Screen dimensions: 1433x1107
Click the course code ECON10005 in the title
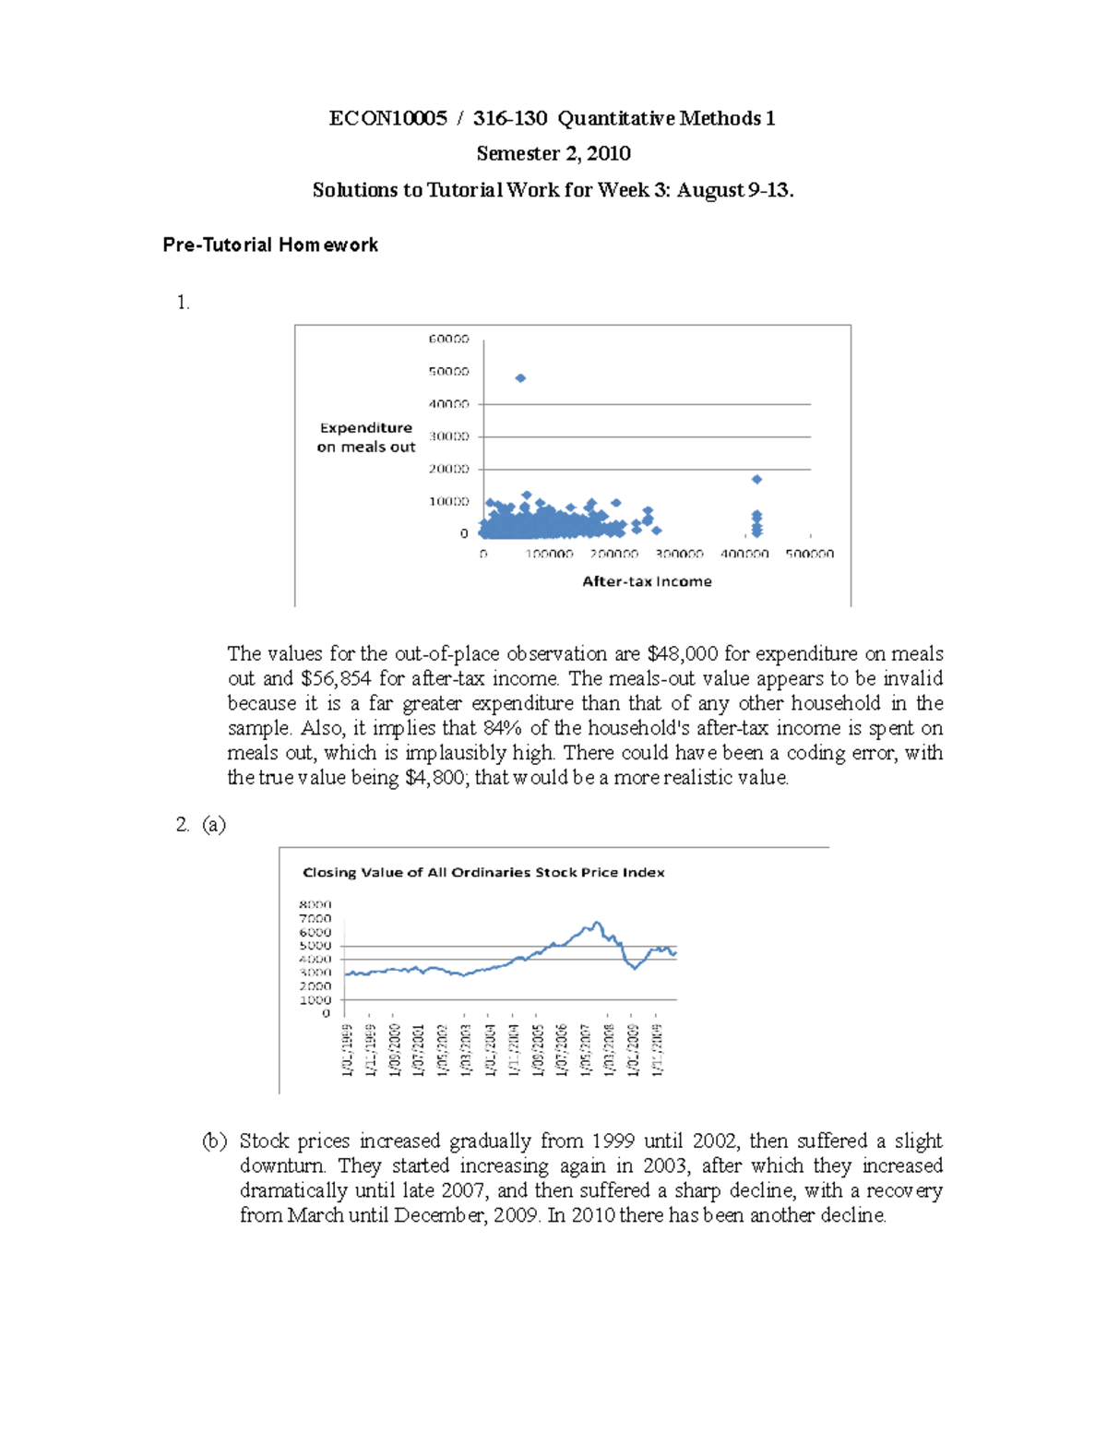387,118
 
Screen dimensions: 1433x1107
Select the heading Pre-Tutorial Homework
270,245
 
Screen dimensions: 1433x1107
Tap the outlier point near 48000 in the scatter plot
520,378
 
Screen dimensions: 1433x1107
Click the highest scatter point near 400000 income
756,480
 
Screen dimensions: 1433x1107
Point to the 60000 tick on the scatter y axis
448,340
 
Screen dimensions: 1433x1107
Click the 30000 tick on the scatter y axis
448,436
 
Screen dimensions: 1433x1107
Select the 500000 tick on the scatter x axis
809,554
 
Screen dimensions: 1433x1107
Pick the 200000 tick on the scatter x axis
614,554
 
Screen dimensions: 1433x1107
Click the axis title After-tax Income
647,581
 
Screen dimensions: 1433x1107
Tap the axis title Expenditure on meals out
366,437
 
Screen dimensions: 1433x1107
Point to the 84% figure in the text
503,728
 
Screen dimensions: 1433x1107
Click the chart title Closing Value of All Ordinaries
483,872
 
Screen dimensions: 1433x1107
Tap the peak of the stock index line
597,923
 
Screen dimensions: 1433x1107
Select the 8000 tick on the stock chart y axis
315,905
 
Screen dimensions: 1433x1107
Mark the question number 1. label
183,303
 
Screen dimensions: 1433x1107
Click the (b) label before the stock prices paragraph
214,1141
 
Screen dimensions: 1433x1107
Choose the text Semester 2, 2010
553,153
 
